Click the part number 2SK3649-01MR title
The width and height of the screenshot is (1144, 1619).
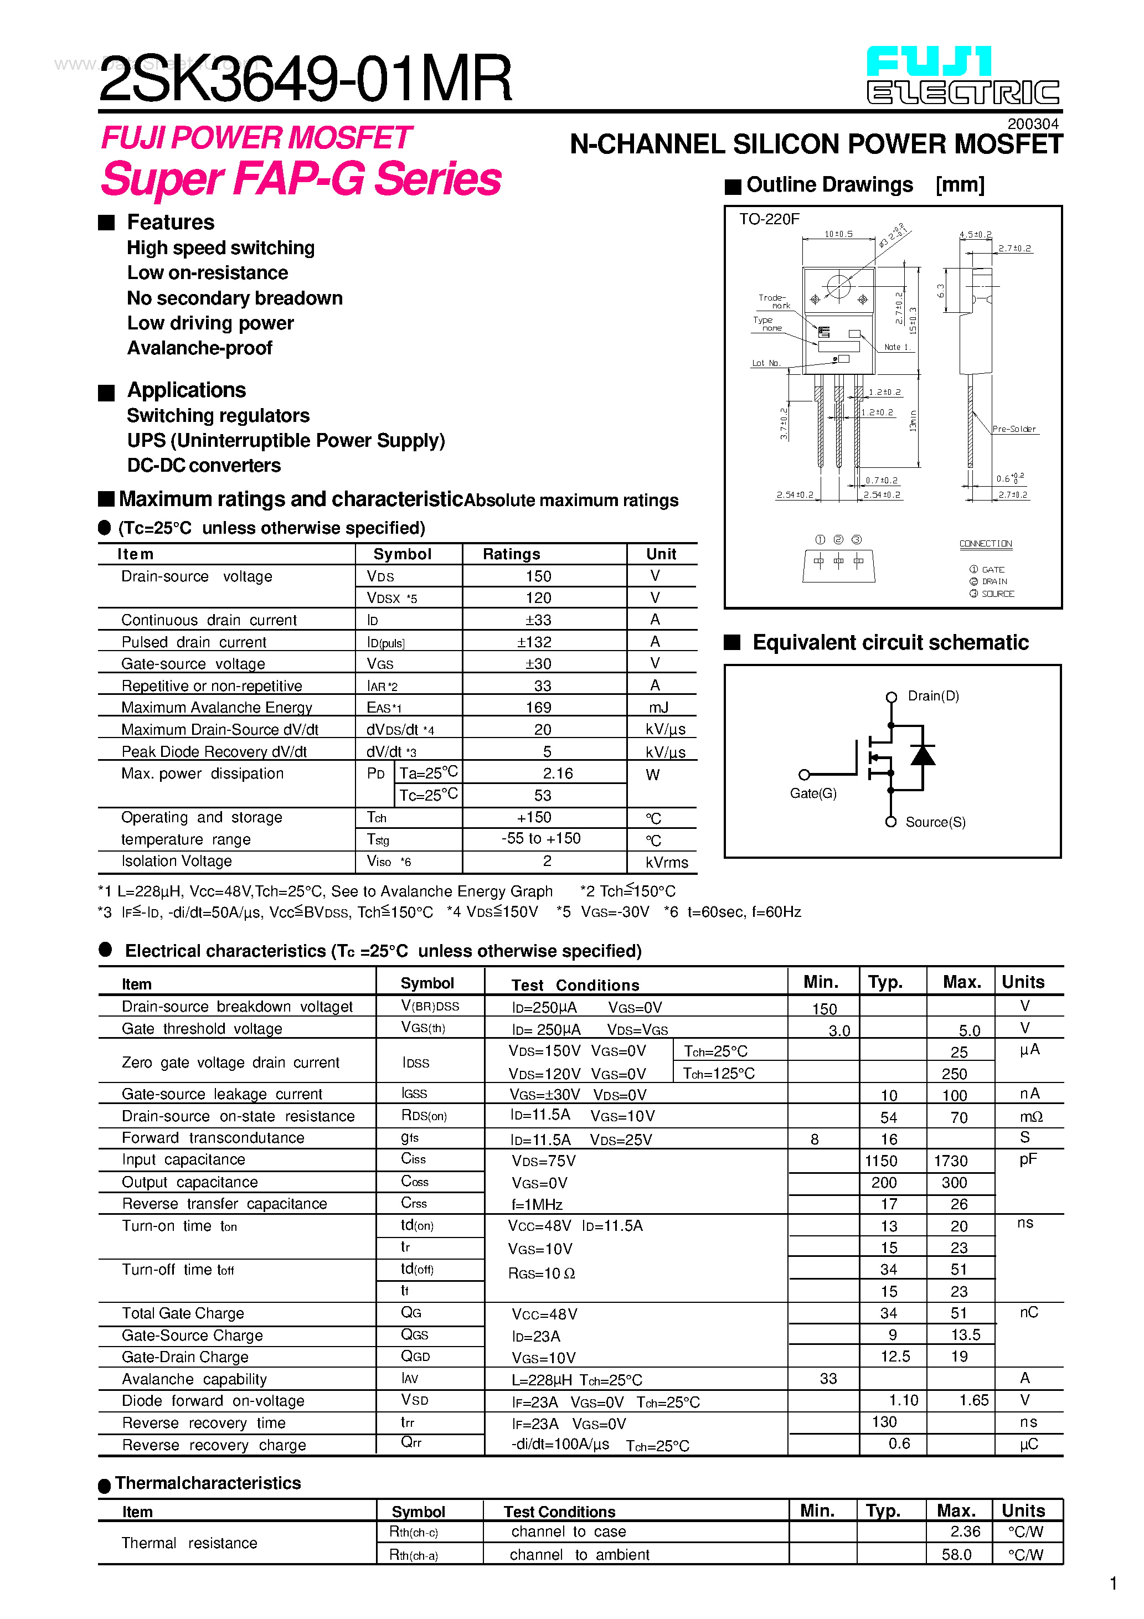[305, 79]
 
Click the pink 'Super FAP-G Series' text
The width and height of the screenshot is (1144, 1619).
[301, 179]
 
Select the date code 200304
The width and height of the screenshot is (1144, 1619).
[1033, 123]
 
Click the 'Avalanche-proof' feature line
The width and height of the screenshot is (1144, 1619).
[199, 348]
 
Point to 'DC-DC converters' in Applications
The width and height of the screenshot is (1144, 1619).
[204, 466]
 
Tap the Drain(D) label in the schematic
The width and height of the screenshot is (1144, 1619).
[933, 696]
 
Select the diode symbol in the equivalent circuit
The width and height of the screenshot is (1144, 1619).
[923, 755]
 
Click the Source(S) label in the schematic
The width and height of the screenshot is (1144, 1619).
[935, 822]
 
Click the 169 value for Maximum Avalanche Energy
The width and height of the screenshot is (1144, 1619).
[538, 707]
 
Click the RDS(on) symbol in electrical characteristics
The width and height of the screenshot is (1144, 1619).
[424, 1116]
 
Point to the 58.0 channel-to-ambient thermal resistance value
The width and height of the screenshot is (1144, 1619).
[956, 1555]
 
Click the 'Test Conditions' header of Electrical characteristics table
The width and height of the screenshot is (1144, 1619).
[575, 985]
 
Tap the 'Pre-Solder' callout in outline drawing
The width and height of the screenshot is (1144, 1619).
[1013, 429]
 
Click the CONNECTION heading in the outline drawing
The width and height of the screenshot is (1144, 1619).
[985, 544]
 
